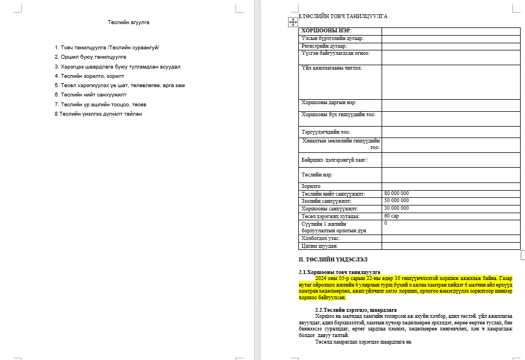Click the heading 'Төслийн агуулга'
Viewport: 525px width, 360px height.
[129, 22]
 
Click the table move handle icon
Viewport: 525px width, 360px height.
[292, 21]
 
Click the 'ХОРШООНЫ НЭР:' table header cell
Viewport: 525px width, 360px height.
[326, 31]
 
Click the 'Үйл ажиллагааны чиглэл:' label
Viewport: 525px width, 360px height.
[332, 68]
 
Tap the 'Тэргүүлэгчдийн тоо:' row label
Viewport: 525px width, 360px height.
[326, 132]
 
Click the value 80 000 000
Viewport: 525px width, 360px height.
[396, 193]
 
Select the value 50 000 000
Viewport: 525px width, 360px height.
[396, 201]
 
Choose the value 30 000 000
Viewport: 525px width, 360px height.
[396, 208]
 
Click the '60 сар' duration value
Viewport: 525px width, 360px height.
[391, 216]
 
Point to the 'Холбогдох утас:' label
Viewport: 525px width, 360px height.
[321, 238]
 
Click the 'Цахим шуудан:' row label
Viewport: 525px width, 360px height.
[320, 246]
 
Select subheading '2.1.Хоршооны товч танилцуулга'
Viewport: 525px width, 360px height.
[339, 272]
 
